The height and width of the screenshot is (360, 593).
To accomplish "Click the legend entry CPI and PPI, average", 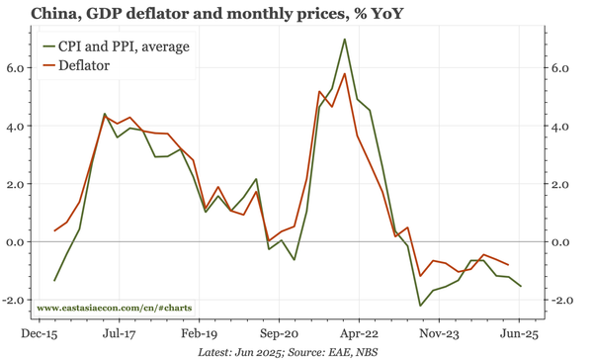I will click(x=123, y=46).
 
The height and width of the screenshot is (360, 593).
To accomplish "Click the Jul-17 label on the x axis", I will click(x=118, y=334).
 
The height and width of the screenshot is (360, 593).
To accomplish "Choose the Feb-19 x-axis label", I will click(x=199, y=334).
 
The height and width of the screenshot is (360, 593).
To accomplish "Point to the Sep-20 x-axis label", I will click(x=280, y=334).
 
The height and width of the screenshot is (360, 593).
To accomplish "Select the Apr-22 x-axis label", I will click(x=361, y=334).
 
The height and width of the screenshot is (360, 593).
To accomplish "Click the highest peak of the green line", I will click(x=344, y=40).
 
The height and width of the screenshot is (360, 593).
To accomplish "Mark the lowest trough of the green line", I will click(x=420, y=306).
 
